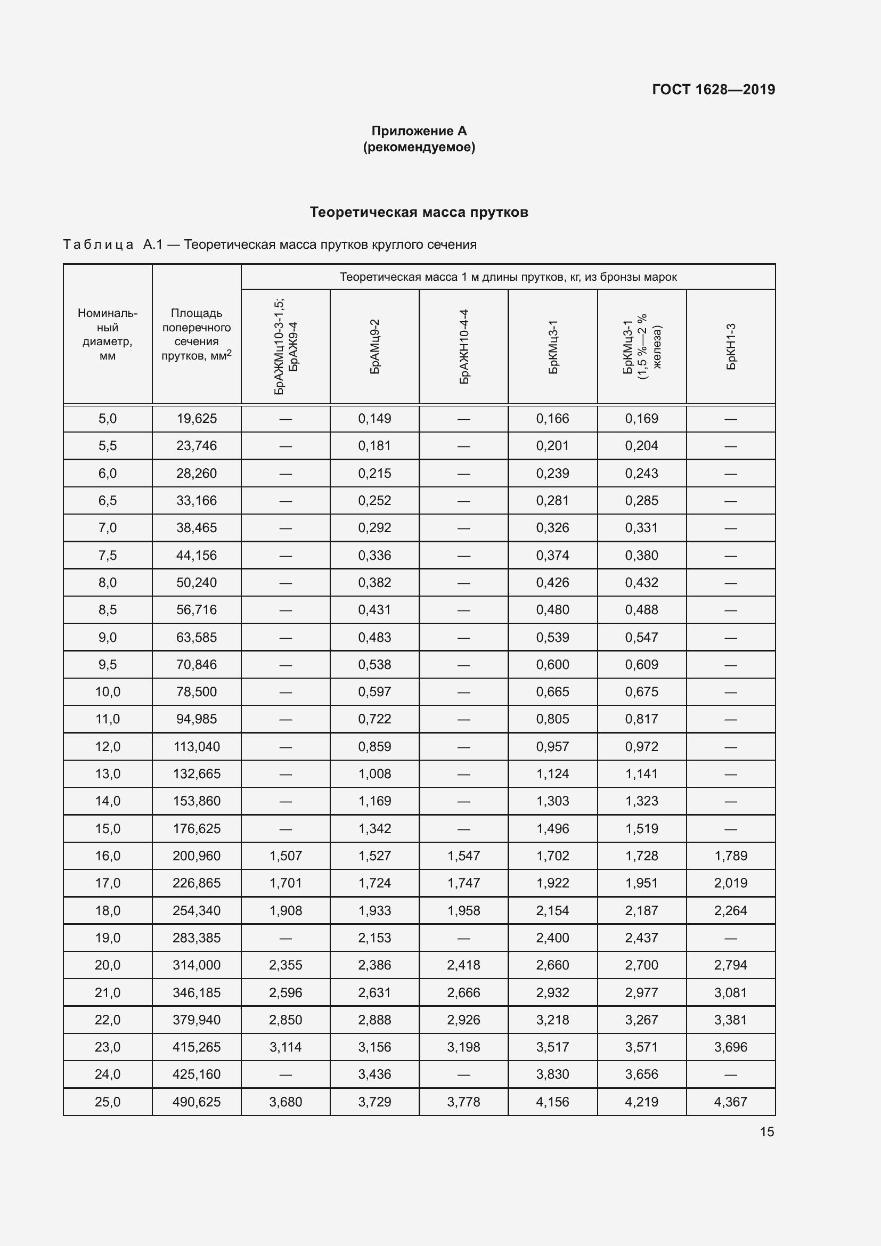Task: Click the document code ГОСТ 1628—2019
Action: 713,89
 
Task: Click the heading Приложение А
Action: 419,131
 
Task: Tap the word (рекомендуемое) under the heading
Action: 419,147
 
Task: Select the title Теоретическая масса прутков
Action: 419,212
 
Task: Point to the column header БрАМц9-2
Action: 375,346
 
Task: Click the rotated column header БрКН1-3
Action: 731,346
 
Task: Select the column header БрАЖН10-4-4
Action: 464,346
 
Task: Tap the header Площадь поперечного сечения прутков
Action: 197,335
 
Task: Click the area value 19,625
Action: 197,418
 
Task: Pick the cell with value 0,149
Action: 374,418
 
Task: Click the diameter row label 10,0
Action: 108,691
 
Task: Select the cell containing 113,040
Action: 197,746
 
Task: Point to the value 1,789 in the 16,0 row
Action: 730,856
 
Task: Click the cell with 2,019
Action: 730,883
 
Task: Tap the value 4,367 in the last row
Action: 730,1102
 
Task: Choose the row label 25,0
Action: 108,1102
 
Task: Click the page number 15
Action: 766,1131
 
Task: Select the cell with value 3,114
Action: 285,1047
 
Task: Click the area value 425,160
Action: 197,1074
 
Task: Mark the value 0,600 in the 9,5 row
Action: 552,664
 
